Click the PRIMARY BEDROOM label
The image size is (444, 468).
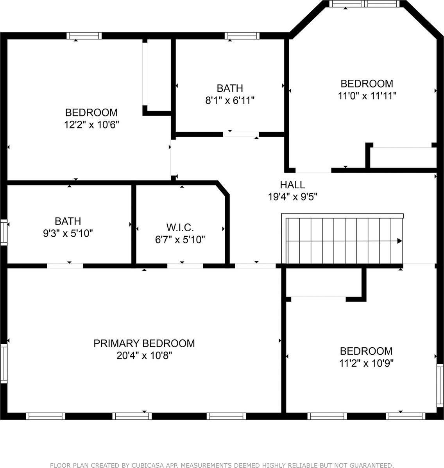[x=144, y=343]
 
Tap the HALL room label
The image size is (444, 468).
[x=292, y=184]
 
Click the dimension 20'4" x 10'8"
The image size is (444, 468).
[x=144, y=356]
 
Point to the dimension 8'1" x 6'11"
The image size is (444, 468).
[x=230, y=100]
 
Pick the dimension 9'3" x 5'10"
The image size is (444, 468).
[x=68, y=234]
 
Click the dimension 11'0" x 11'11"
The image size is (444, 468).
[x=367, y=96]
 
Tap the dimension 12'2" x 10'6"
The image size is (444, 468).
[x=91, y=125]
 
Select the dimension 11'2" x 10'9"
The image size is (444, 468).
[x=366, y=363]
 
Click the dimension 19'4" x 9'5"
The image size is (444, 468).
[x=292, y=197]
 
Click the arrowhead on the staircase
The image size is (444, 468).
[x=399, y=241]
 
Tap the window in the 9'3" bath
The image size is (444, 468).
[x=4, y=233]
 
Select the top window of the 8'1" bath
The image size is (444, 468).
[x=242, y=36]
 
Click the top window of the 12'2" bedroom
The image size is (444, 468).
[x=84, y=36]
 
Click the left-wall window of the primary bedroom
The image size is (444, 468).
[x=4, y=363]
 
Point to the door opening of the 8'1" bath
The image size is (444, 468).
[x=241, y=134]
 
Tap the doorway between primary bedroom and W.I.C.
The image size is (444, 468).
[x=185, y=266]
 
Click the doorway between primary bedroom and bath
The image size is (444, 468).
[x=65, y=266]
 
